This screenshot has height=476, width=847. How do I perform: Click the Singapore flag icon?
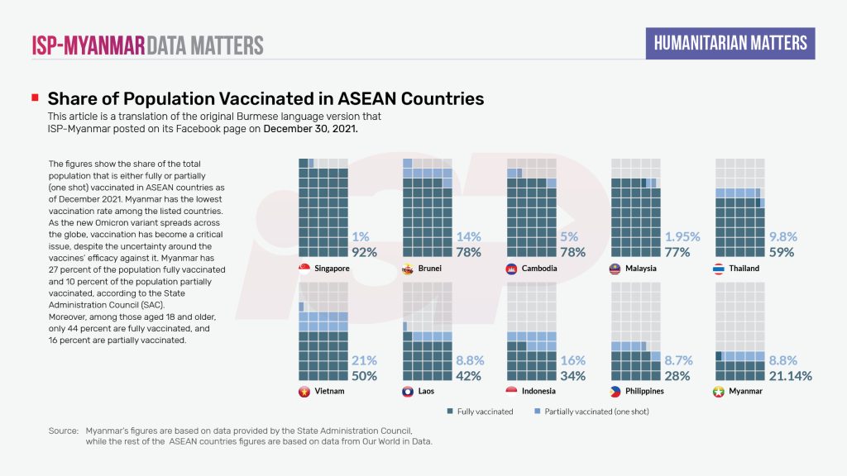[x=304, y=269]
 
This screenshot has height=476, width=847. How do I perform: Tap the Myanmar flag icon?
[x=720, y=392]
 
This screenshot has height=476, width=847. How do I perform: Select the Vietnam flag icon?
[x=304, y=392]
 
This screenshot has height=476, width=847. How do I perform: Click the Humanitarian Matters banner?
[x=730, y=43]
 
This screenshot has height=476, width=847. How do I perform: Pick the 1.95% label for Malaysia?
[x=682, y=236]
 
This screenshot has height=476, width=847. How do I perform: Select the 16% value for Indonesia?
[x=572, y=360]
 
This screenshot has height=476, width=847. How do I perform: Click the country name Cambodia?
[x=540, y=269]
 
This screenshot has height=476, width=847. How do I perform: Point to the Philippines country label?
[x=646, y=392]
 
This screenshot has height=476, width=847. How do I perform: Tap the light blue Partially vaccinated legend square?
[x=538, y=411]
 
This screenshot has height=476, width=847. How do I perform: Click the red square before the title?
[x=35, y=98]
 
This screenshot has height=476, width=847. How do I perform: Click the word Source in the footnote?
[x=62, y=431]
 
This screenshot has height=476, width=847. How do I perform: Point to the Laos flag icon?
[x=408, y=392]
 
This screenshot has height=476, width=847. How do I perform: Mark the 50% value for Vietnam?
[x=364, y=375]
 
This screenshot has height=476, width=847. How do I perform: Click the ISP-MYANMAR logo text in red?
[x=88, y=45]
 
